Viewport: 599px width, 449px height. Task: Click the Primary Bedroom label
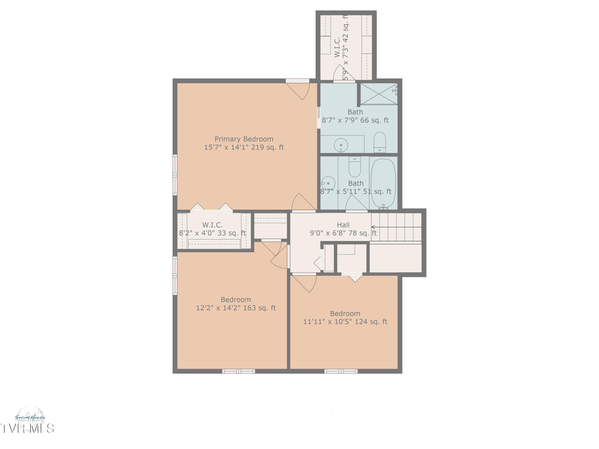pyautogui.click(x=244, y=139)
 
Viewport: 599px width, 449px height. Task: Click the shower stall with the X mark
pyautogui.click(x=379, y=94)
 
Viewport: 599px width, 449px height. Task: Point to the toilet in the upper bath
pyautogui.click(x=379, y=142)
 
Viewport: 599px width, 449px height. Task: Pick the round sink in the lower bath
pyautogui.click(x=328, y=183)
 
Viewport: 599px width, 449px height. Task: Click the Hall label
pyautogui.click(x=343, y=225)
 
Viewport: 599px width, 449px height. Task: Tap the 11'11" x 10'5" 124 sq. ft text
pyautogui.click(x=345, y=322)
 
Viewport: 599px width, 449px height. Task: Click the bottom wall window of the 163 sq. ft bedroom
pyautogui.click(x=238, y=371)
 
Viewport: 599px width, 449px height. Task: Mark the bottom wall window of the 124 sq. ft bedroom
pyautogui.click(x=341, y=371)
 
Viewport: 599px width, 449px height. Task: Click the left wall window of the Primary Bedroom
pyautogui.click(x=175, y=175)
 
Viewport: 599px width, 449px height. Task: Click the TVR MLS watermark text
pyautogui.click(x=27, y=428)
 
